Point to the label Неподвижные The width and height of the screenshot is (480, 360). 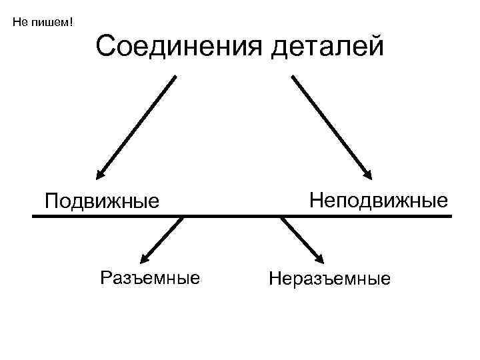pyautogui.click(x=379, y=199)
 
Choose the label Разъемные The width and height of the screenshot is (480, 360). pyautogui.click(x=149, y=277)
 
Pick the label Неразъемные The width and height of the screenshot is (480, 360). pyautogui.click(x=329, y=278)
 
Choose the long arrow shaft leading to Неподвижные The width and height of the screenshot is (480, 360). pyautogui.click(x=330, y=123)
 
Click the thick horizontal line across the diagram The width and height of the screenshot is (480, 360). pyautogui.click(x=240, y=216)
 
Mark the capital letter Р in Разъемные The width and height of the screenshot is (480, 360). pyautogui.click(x=105, y=277)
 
